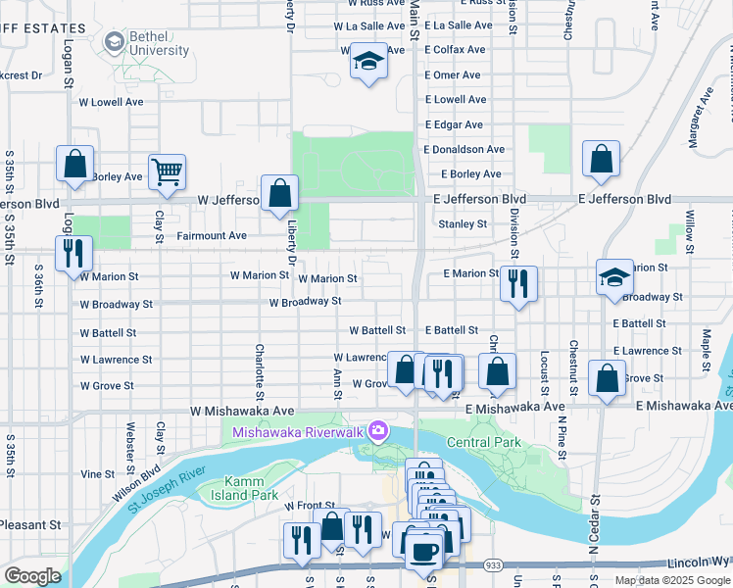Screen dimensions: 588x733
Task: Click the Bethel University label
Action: click(160, 43)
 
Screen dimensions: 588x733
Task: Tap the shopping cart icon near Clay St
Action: click(167, 171)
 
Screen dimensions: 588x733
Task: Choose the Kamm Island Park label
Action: click(238, 487)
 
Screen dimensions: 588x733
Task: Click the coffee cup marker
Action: click(423, 551)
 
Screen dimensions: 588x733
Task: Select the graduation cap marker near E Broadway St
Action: click(615, 277)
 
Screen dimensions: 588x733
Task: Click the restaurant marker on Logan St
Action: click(73, 254)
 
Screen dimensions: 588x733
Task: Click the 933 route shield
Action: click(492, 565)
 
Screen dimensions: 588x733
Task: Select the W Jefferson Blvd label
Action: click(227, 200)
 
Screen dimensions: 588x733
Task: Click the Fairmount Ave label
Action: click(212, 236)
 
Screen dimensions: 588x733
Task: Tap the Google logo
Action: click(31, 575)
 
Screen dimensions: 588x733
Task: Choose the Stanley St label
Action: click(463, 224)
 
